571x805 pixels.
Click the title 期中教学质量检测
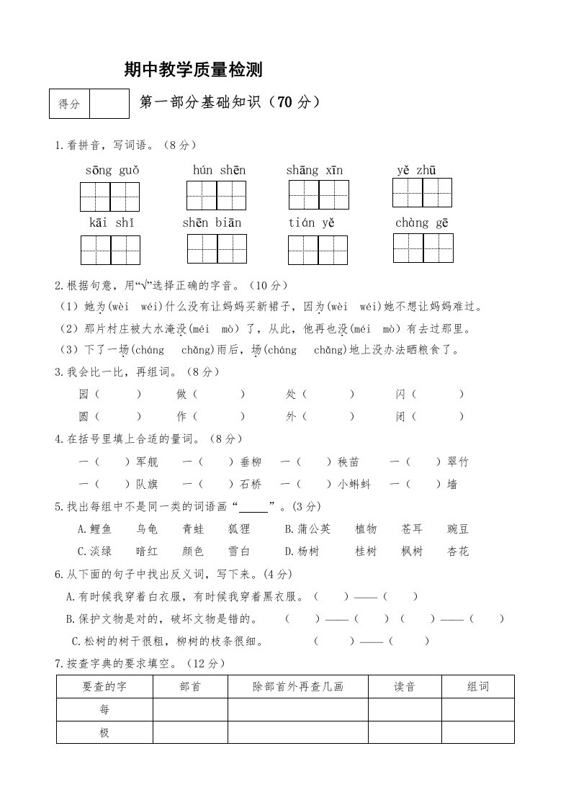pyautogui.click(x=193, y=69)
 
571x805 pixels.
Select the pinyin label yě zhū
pyautogui.click(x=416, y=170)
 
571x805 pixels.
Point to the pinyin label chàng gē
pyautogui.click(x=422, y=222)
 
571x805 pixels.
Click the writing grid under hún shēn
pyautogui.click(x=216, y=195)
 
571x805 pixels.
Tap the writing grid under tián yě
pyautogui.click(x=318, y=250)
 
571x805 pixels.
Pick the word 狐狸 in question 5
pyautogui.click(x=239, y=529)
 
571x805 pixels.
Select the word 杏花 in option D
pyautogui.click(x=458, y=552)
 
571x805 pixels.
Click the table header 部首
pyautogui.click(x=190, y=687)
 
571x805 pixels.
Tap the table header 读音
pyautogui.click(x=405, y=687)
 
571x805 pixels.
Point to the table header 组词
pyautogui.click(x=478, y=687)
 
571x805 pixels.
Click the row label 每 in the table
pyautogui.click(x=105, y=710)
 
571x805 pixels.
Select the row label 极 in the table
pyautogui.click(x=105, y=733)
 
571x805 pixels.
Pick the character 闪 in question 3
pyautogui.click(x=400, y=395)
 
